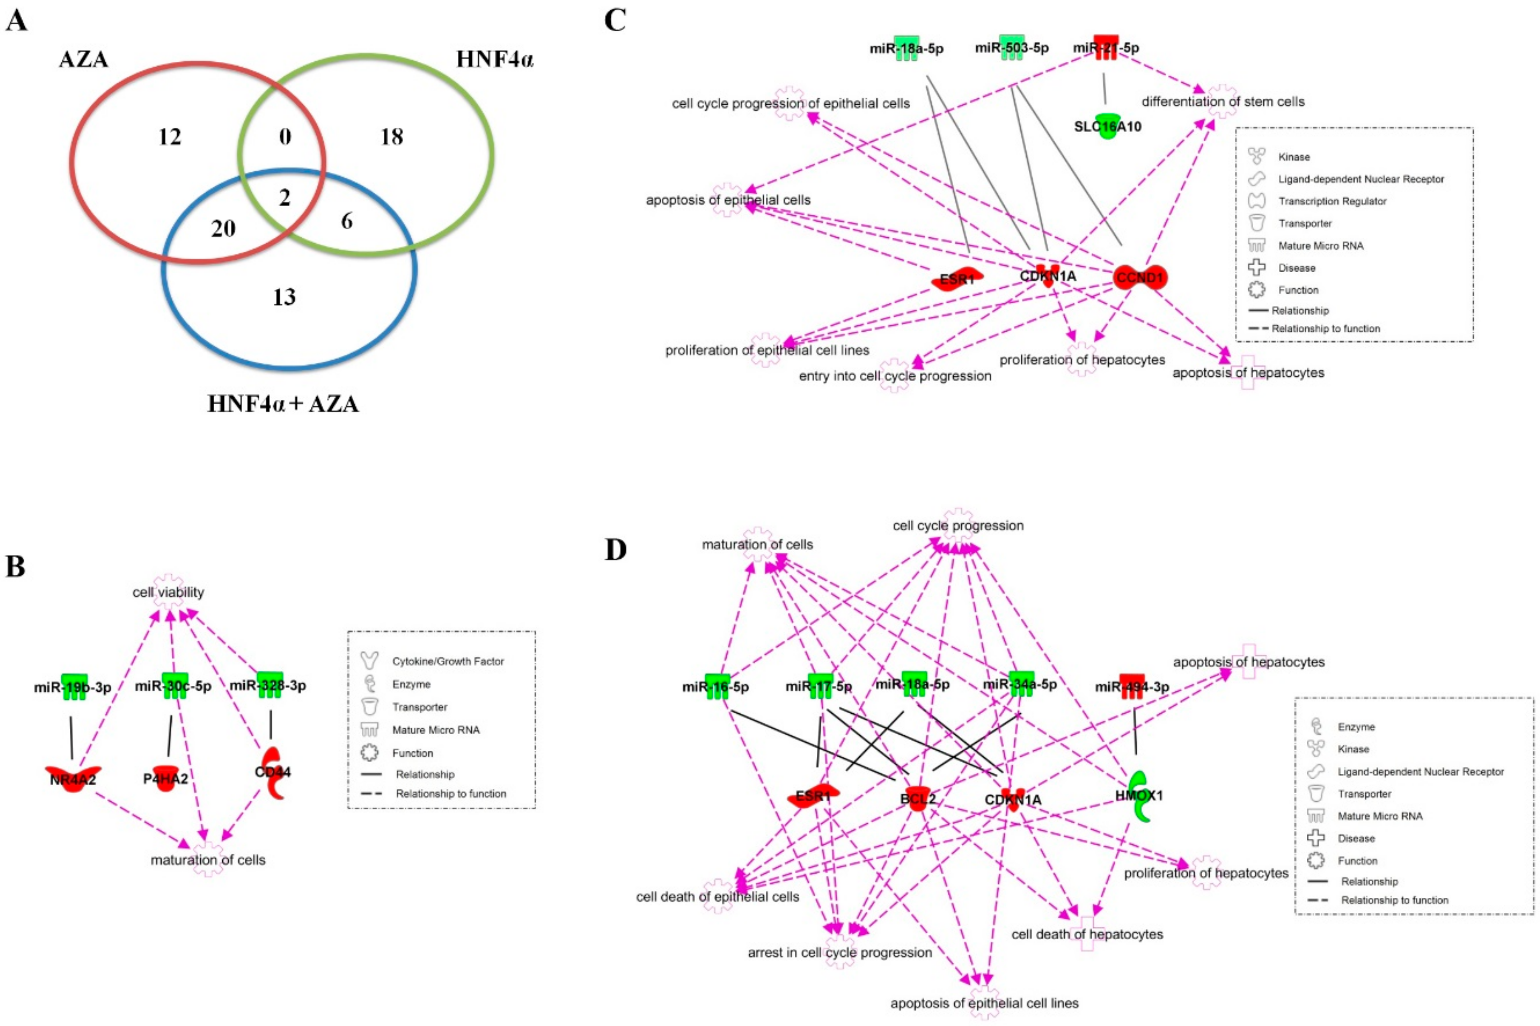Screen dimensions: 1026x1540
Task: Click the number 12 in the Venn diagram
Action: pos(170,137)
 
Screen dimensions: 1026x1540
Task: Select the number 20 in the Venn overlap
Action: pos(223,228)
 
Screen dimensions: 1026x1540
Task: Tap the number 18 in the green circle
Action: pos(392,137)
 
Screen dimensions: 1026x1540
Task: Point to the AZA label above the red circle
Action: pos(84,60)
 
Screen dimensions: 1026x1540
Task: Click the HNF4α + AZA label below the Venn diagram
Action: pos(283,404)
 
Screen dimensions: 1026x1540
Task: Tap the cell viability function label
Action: pos(168,592)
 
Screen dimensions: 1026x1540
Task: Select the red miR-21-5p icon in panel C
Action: pos(1106,47)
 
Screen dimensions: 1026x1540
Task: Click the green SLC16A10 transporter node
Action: pos(1107,126)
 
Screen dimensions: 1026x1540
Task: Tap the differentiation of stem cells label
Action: pos(1223,102)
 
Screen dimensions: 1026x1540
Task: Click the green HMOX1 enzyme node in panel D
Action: pos(1139,796)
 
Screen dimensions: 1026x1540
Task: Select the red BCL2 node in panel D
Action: pos(918,798)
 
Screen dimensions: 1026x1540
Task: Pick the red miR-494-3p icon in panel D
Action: pos(1132,686)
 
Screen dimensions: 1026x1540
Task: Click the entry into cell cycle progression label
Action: pos(895,375)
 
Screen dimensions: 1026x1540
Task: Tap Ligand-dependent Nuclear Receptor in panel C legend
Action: pos(1361,179)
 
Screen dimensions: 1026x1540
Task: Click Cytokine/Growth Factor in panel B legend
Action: pos(447,661)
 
